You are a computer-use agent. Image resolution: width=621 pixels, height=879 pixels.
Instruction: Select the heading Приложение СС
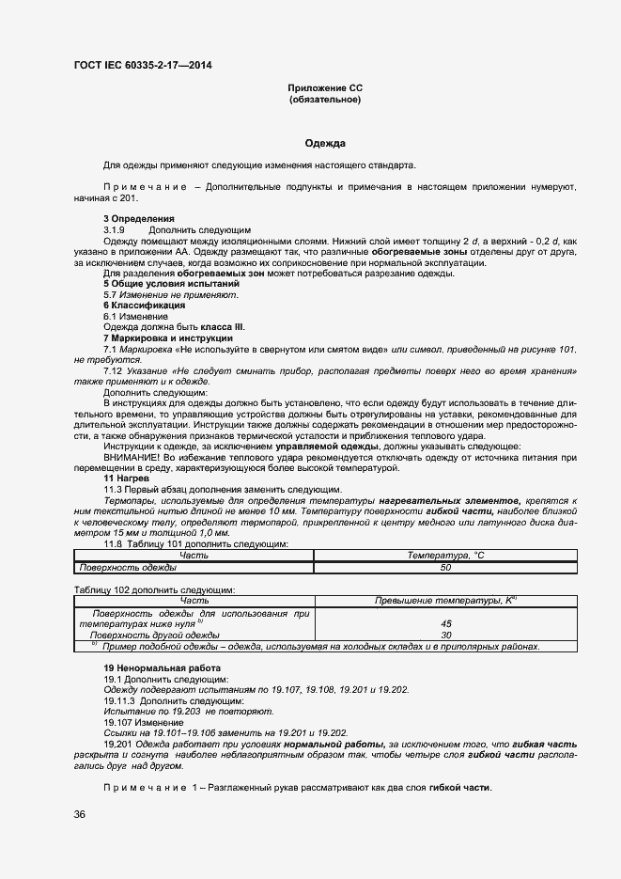(325, 88)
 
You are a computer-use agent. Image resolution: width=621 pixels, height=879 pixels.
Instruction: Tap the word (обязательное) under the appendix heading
(325, 99)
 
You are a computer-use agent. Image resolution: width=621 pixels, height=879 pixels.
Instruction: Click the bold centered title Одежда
(325, 144)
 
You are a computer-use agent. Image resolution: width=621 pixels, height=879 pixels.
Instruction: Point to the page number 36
(80, 814)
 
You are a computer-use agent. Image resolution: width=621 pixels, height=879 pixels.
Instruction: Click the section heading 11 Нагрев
(126, 479)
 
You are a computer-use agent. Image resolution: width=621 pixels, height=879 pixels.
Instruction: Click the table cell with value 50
(445, 567)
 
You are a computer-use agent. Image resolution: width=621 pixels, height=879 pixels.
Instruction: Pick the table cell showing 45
(445, 623)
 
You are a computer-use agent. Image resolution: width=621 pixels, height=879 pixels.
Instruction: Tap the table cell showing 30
(445, 635)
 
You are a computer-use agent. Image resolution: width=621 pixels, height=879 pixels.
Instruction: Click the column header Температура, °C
(445, 555)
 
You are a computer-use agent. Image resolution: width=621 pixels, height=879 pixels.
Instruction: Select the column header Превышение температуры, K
(445, 600)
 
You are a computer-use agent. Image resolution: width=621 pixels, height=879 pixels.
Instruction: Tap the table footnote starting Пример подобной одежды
(319, 647)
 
